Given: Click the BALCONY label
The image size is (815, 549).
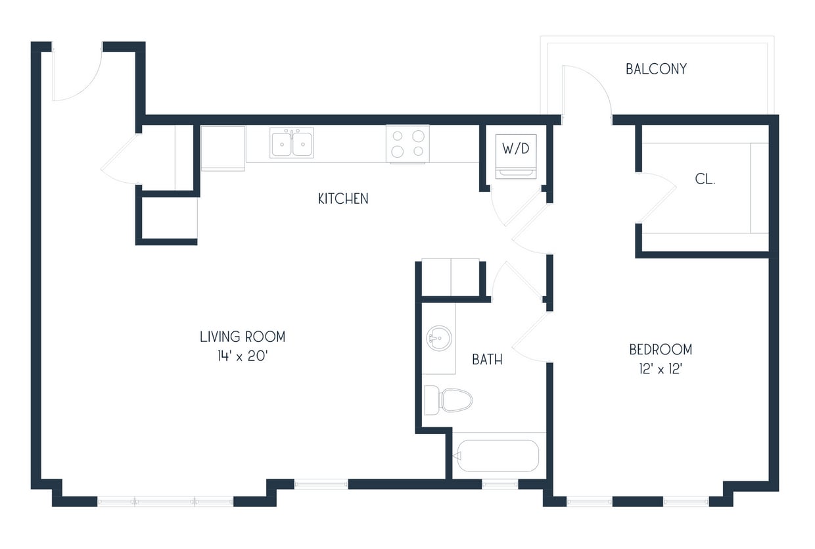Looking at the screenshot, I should (x=656, y=69).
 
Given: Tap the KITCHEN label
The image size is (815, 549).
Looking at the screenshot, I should (x=343, y=199).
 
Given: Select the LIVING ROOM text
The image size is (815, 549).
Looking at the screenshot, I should (x=243, y=337).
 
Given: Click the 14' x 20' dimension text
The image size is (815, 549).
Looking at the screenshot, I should (x=243, y=355).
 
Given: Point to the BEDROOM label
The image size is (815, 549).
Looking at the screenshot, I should (x=660, y=349).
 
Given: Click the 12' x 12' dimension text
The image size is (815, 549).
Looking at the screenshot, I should (x=660, y=368).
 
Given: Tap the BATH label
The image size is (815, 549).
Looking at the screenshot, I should (x=488, y=359).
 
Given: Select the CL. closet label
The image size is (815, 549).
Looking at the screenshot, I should (x=705, y=179).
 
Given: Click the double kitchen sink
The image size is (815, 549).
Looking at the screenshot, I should (x=291, y=143).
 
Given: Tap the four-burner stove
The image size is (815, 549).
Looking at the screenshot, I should (x=407, y=144).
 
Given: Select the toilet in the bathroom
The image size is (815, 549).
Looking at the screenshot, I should (x=450, y=400).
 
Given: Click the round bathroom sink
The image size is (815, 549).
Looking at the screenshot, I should (x=438, y=339).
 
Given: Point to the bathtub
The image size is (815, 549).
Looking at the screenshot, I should (x=498, y=456).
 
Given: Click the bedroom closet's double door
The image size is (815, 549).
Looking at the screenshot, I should (x=656, y=197).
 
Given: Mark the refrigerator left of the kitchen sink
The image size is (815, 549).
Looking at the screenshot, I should (x=223, y=148).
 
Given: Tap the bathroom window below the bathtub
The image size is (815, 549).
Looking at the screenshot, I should (x=500, y=485).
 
